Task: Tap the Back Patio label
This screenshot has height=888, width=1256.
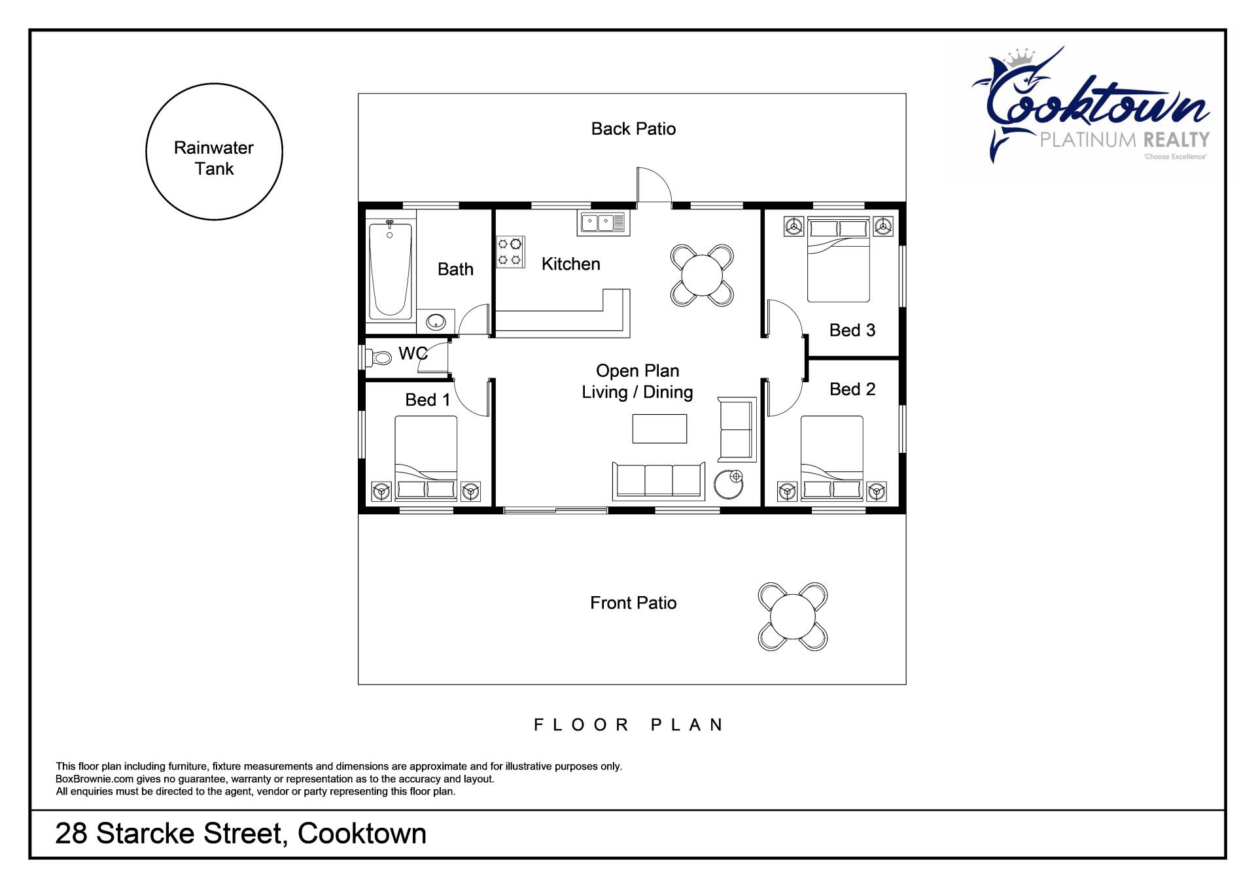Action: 633,129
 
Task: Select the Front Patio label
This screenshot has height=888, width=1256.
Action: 633,603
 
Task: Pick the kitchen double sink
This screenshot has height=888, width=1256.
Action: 603,222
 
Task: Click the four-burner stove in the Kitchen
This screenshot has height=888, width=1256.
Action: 510,252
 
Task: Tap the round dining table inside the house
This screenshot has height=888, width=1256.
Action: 702,275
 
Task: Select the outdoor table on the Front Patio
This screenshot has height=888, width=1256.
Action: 793,616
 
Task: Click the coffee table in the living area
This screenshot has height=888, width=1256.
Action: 659,429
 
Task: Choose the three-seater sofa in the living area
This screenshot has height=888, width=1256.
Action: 659,481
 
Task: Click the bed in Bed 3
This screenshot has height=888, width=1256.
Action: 839,260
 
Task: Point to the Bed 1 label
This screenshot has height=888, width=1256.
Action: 428,400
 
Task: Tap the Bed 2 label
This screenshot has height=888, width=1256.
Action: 852,389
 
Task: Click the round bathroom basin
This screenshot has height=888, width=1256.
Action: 436,322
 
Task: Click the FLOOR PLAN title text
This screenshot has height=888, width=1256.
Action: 629,725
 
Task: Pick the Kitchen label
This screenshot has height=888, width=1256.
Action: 571,264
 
